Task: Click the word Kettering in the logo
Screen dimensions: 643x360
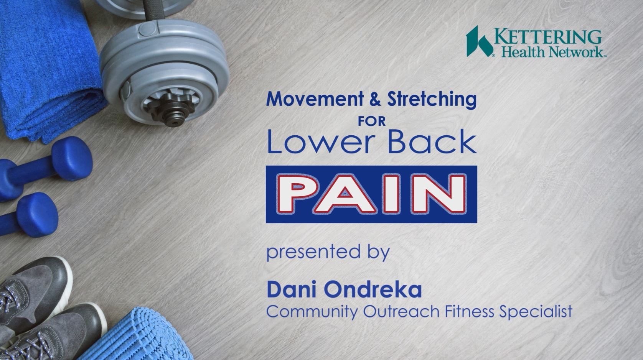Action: [548, 37]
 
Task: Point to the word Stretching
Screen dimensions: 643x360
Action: [432, 100]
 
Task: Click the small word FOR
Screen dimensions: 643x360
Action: [371, 122]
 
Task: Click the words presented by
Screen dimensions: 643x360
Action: [328, 252]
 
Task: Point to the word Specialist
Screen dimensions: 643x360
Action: [536, 312]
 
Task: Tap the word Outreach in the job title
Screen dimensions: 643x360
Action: [401, 312]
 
